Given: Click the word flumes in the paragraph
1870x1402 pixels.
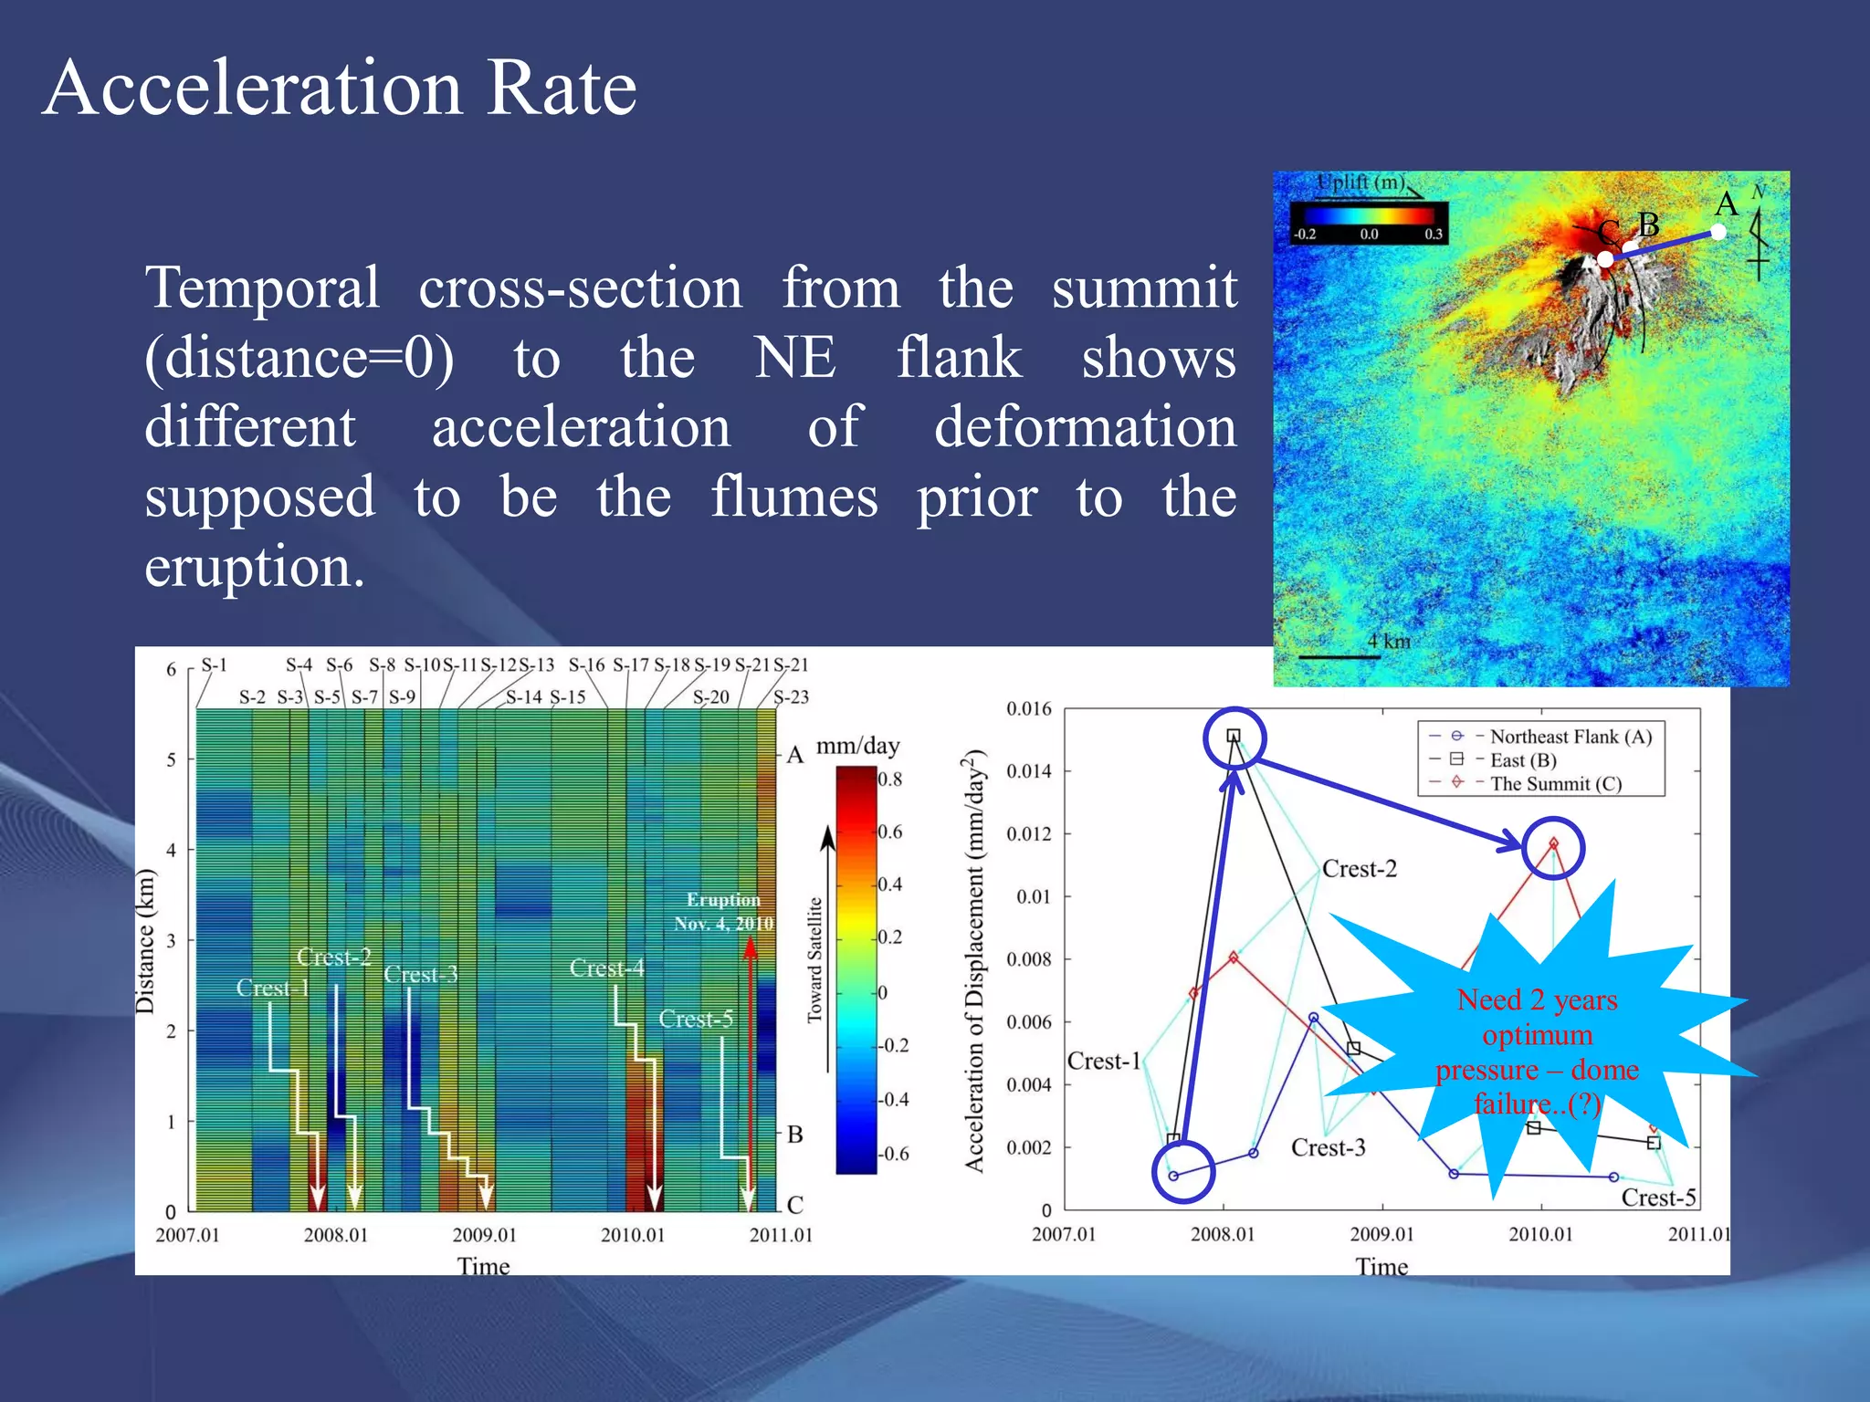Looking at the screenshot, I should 794,497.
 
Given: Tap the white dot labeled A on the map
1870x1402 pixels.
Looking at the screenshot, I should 1718,232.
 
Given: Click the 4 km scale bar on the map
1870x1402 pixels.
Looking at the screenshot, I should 1339,655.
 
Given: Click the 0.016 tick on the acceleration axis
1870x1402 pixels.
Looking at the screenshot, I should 1028,709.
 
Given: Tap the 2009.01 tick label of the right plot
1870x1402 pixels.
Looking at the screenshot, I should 1381,1234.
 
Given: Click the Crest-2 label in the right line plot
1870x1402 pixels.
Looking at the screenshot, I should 1359,869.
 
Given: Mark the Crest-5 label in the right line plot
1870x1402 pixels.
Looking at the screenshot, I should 1657,1198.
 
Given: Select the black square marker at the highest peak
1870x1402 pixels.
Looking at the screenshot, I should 1234,736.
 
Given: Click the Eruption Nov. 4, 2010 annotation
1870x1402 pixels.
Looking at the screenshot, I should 723,912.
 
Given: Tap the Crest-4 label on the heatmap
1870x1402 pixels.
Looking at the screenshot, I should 606,968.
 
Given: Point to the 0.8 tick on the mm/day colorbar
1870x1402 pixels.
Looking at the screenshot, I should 889,779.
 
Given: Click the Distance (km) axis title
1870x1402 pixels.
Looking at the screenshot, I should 145,941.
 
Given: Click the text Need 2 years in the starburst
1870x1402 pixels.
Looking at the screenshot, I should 1537,1000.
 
